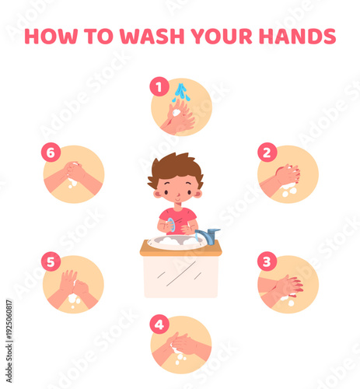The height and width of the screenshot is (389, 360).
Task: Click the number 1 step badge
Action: [159, 88]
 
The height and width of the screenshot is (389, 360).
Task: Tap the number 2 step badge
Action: [267, 153]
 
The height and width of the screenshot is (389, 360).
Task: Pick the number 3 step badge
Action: [267, 261]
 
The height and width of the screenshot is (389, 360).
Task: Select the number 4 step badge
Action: [159, 324]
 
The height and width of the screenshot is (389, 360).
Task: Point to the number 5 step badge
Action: [51, 261]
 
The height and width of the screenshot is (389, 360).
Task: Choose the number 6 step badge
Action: [51, 152]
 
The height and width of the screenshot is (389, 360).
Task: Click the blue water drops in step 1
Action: [181, 92]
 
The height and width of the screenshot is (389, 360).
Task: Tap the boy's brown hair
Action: [176, 166]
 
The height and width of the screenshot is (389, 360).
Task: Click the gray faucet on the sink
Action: [208, 234]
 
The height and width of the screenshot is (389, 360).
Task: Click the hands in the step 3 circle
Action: [288, 286]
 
